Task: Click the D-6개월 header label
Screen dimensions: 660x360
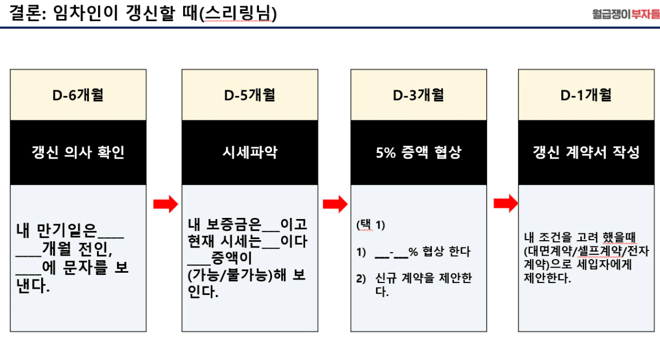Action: click(78, 95)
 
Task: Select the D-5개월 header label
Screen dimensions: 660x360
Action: click(250, 95)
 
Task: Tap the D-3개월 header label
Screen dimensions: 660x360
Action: click(418, 95)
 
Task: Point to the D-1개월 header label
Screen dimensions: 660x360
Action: click(586, 95)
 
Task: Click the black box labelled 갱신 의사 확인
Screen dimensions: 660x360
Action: click(78, 152)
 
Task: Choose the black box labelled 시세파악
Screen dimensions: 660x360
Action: click(250, 152)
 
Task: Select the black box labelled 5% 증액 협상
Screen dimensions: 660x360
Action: click(419, 152)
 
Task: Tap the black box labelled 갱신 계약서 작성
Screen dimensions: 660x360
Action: click(586, 152)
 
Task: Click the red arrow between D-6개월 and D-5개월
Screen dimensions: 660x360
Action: click(166, 204)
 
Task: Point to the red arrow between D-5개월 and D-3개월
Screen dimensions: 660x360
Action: click(335, 204)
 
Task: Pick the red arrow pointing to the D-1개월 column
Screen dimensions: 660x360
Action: click(506, 203)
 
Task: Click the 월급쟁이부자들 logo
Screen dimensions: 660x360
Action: click(626, 14)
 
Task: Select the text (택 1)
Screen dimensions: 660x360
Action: click(371, 225)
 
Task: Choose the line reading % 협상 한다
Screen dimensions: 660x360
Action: click(439, 252)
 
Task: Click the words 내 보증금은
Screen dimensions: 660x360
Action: click(224, 224)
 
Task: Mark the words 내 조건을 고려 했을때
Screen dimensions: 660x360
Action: click(580, 237)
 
